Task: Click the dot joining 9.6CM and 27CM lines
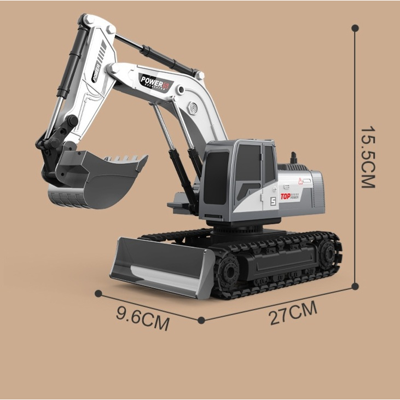(x=201, y=320)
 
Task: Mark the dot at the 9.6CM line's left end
(x=98, y=293)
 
